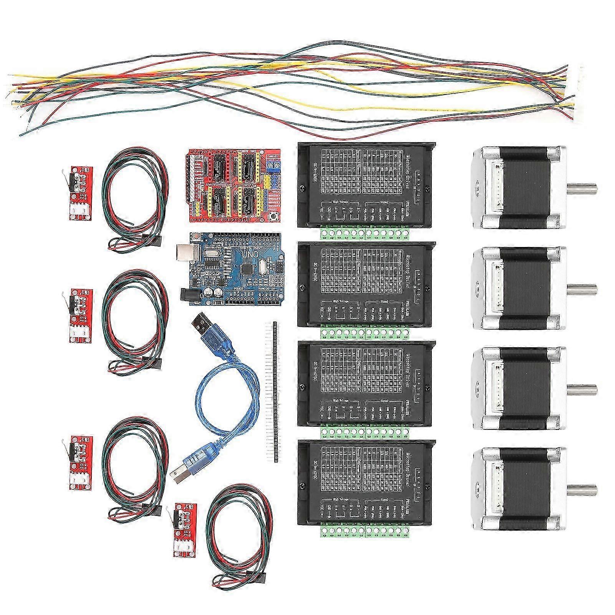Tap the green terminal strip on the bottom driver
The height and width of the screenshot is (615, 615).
365,529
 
